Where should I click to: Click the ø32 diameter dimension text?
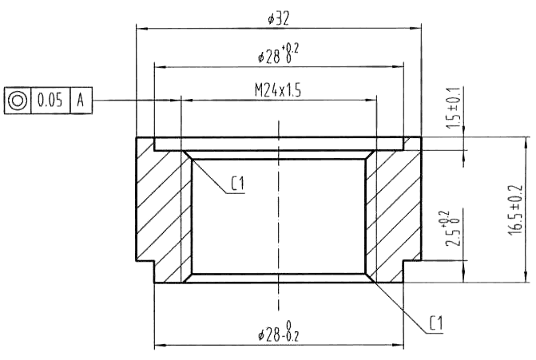tap(278, 18)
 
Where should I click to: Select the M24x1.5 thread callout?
tap(278, 90)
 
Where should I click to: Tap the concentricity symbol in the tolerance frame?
tap(18, 101)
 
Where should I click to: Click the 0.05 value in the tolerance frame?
tap(50, 101)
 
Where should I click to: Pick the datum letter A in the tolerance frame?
tap(81, 101)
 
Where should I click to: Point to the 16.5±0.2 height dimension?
tap(515, 210)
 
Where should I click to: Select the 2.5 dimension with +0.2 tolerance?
tap(452, 227)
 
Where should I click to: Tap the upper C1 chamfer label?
tap(238, 184)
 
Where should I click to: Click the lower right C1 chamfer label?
tap(436, 323)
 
